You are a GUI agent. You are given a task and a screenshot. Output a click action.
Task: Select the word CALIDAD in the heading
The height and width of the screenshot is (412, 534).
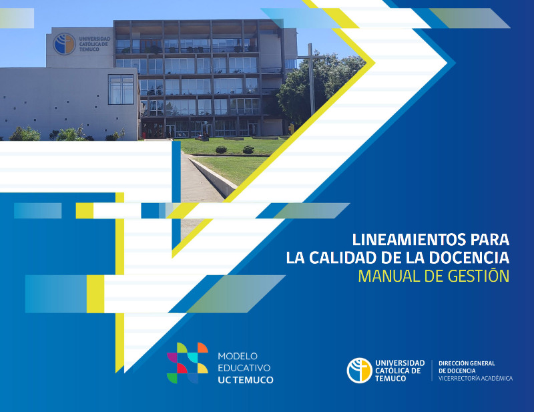[x=343, y=258]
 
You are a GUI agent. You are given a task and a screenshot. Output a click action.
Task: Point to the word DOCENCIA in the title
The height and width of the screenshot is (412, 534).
[x=469, y=258]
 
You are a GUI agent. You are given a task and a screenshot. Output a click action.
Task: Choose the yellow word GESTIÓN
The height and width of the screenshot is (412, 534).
[x=479, y=275]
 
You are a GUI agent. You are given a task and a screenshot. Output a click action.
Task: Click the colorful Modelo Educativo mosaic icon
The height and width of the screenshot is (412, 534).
[x=188, y=363]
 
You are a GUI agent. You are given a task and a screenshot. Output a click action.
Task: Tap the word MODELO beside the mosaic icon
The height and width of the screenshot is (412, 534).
[x=238, y=356]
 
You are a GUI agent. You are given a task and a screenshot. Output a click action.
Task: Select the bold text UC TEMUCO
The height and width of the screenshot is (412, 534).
[x=246, y=380]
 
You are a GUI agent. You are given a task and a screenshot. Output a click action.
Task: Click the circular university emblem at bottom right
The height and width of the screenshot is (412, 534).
[x=360, y=371]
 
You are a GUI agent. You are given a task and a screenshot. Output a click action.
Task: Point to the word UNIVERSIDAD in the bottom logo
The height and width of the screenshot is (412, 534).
[x=400, y=363]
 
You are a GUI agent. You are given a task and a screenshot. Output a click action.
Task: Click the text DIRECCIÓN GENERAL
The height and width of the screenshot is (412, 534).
[x=467, y=363]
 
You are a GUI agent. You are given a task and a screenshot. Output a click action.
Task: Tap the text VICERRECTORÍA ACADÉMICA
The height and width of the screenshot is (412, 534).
[x=475, y=378]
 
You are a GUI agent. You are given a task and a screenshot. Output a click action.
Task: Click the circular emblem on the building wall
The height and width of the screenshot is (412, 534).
[x=64, y=44]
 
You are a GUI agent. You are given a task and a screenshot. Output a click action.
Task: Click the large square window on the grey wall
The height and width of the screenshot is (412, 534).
[x=121, y=89]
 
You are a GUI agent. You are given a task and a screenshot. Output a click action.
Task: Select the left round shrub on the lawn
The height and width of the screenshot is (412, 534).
[x=221, y=150]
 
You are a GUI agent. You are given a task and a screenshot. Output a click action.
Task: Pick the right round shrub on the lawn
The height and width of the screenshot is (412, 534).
[x=248, y=150]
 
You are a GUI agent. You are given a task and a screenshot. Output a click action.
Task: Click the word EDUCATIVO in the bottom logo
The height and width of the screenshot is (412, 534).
[x=244, y=368]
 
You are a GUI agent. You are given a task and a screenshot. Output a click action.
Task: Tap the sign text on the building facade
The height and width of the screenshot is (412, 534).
[x=95, y=44]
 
